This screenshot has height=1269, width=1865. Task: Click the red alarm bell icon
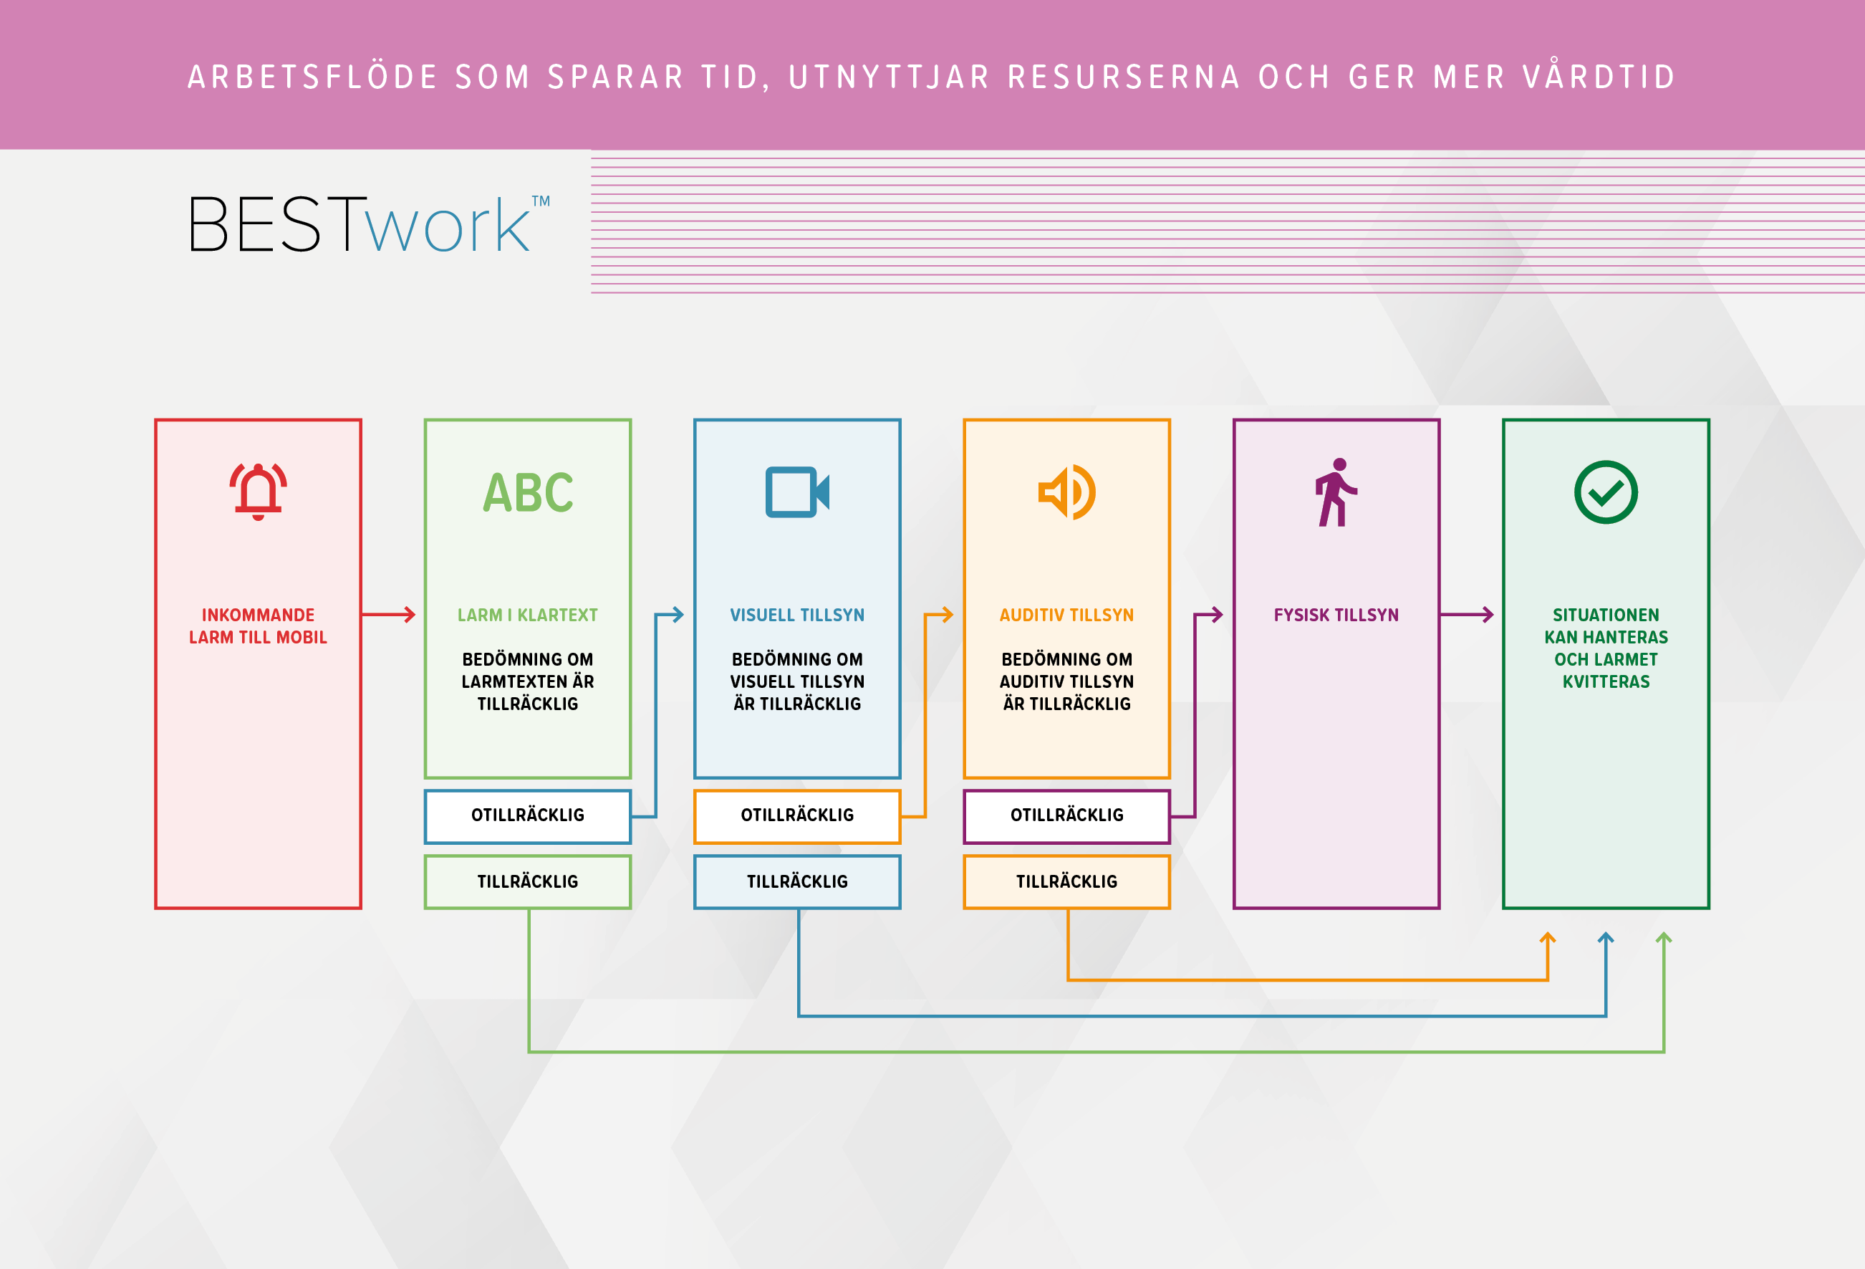(258, 492)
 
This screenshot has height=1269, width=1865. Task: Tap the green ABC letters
(528, 492)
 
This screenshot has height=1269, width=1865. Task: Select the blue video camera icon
(797, 492)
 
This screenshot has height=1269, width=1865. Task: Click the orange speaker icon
(1066, 492)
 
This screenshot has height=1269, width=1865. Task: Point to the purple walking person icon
(1335, 492)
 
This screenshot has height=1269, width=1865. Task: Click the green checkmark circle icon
(1605, 492)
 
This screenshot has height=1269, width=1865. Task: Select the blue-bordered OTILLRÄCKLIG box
(527, 815)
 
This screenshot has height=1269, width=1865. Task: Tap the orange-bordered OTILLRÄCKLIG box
(797, 815)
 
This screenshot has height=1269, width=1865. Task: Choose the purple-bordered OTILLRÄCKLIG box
(1066, 815)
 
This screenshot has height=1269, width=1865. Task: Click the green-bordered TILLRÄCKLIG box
(527, 881)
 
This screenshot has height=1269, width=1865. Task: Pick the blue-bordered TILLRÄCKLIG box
(797, 881)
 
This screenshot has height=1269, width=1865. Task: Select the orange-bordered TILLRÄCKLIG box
(1066, 881)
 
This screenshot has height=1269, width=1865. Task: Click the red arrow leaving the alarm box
(388, 615)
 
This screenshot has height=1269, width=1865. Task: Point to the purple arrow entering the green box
(1467, 615)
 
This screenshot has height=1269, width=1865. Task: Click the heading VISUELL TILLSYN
(797, 615)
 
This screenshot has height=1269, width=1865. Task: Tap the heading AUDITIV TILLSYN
(1066, 615)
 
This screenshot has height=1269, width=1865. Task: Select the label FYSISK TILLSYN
(1335, 615)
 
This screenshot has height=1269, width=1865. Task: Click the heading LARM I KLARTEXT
(527, 615)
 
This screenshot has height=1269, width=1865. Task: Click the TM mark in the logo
(541, 201)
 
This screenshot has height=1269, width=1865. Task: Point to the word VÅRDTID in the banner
(1599, 77)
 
